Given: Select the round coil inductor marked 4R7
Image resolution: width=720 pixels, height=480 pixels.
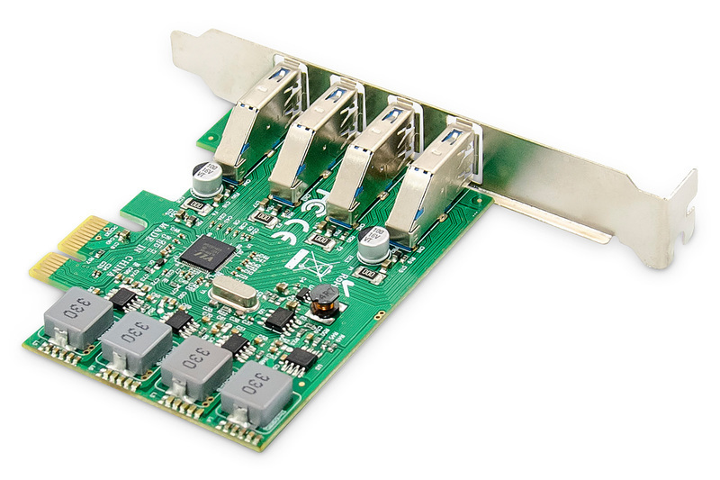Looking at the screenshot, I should [322, 300].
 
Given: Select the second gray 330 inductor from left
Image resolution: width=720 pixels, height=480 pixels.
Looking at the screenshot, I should [135, 341].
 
